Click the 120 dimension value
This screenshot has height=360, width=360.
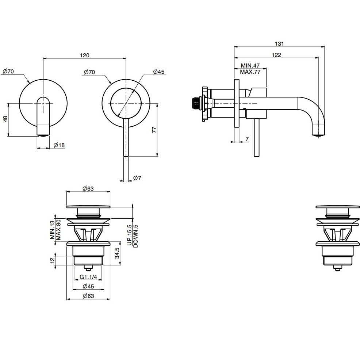click(x=84, y=55)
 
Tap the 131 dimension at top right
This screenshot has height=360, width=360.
click(x=279, y=44)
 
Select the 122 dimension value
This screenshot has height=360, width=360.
click(x=276, y=55)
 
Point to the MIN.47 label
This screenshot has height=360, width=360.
click(x=250, y=66)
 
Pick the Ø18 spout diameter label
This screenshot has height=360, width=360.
click(x=59, y=145)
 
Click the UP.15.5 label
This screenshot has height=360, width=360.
click(x=130, y=235)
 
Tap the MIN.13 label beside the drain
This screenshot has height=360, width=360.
click(x=53, y=230)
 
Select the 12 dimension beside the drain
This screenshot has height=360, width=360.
click(x=52, y=260)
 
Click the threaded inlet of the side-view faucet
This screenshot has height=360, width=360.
click(x=197, y=103)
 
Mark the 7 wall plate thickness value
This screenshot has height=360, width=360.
click(x=247, y=139)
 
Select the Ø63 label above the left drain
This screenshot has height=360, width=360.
click(x=88, y=189)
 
